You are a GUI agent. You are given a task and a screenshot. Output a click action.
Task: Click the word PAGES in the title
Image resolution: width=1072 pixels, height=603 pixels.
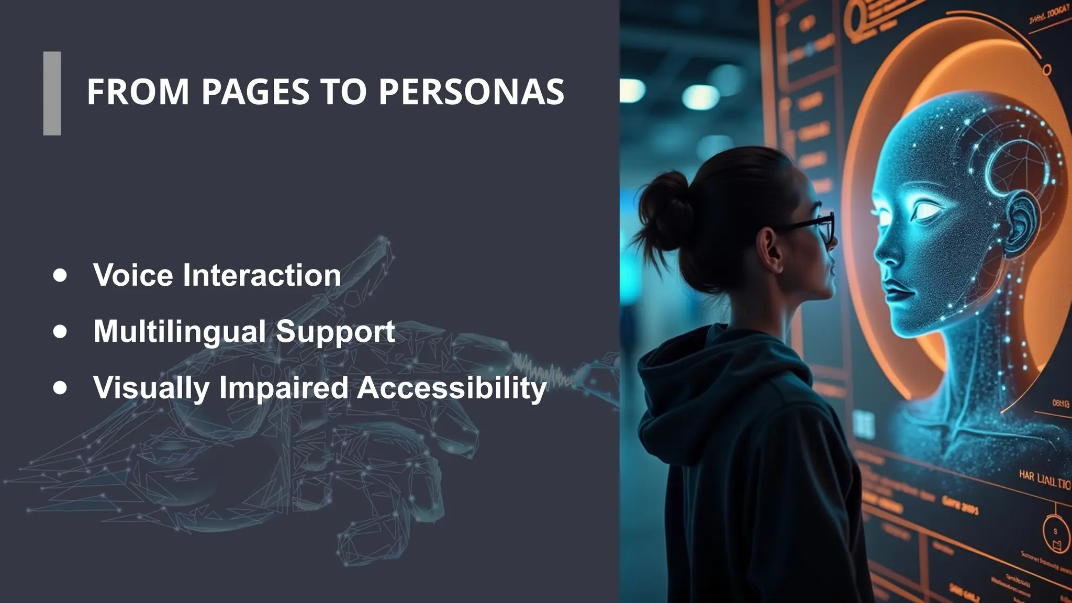255,92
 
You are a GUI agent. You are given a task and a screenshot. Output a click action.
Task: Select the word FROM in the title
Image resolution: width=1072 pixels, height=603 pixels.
138,92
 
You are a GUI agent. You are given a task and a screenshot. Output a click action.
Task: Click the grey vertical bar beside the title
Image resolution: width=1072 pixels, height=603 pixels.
52,93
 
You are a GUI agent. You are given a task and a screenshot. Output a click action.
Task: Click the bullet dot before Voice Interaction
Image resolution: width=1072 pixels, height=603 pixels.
60,275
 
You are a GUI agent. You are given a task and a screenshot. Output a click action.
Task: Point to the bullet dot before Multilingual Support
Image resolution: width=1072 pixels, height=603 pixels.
60,331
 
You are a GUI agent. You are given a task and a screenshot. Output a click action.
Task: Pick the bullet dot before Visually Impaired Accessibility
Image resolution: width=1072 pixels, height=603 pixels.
60,387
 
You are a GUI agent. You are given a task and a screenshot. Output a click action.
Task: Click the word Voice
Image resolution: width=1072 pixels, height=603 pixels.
133,275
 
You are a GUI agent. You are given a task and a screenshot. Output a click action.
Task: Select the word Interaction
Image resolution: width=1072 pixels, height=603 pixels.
262,275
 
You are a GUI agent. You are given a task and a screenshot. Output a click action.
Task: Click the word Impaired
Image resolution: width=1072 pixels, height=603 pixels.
283,388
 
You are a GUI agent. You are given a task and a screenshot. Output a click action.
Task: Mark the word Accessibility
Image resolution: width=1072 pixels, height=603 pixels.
452,388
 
